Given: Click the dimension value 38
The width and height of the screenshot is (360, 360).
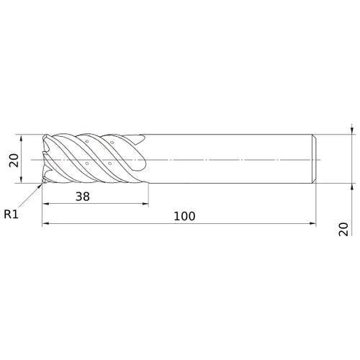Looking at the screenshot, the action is [83, 197].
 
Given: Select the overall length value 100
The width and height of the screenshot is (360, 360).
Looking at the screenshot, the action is [184, 216].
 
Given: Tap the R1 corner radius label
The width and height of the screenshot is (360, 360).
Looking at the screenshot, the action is [11, 214].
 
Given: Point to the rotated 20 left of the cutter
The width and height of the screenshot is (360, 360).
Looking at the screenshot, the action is [14, 160].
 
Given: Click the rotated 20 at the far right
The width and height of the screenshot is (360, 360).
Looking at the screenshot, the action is [343, 229].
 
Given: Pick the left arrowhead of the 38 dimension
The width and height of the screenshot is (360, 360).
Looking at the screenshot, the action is [45, 204].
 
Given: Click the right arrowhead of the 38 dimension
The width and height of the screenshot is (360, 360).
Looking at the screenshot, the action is [145, 204].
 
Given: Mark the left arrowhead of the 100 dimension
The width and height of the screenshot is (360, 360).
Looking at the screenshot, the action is [45, 224].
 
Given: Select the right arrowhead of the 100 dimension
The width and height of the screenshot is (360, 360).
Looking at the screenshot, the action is [312, 224].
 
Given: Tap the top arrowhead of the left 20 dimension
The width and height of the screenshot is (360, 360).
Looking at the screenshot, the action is [22, 138].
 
